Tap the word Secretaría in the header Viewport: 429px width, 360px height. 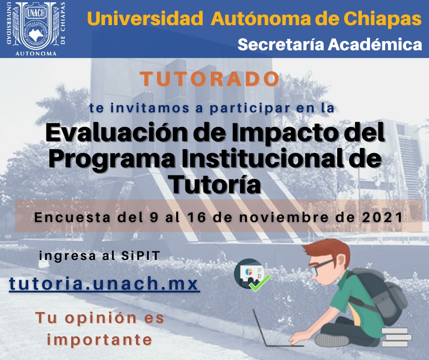coord(281,44)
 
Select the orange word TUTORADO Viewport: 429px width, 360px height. coord(209,79)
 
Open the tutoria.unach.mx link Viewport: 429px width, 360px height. coord(104,284)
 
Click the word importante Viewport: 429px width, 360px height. coord(99,340)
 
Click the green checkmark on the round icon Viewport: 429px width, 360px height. coord(260,283)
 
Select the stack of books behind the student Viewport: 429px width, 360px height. coord(397,337)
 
